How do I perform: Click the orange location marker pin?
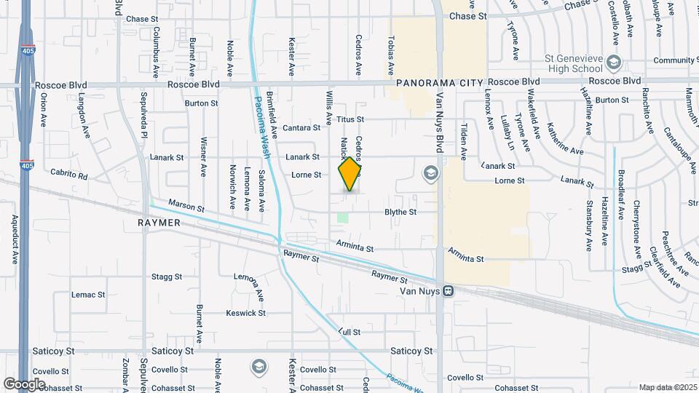click(350, 174)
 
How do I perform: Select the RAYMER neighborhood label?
click(158, 223)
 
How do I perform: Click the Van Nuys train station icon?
click(449, 291)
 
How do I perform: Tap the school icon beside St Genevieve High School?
click(614, 61)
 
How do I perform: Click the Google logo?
click(25, 383)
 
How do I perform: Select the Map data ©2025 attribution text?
click(667, 387)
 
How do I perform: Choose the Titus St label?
click(349, 119)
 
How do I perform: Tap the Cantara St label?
click(301, 128)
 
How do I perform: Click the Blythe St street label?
click(400, 213)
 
